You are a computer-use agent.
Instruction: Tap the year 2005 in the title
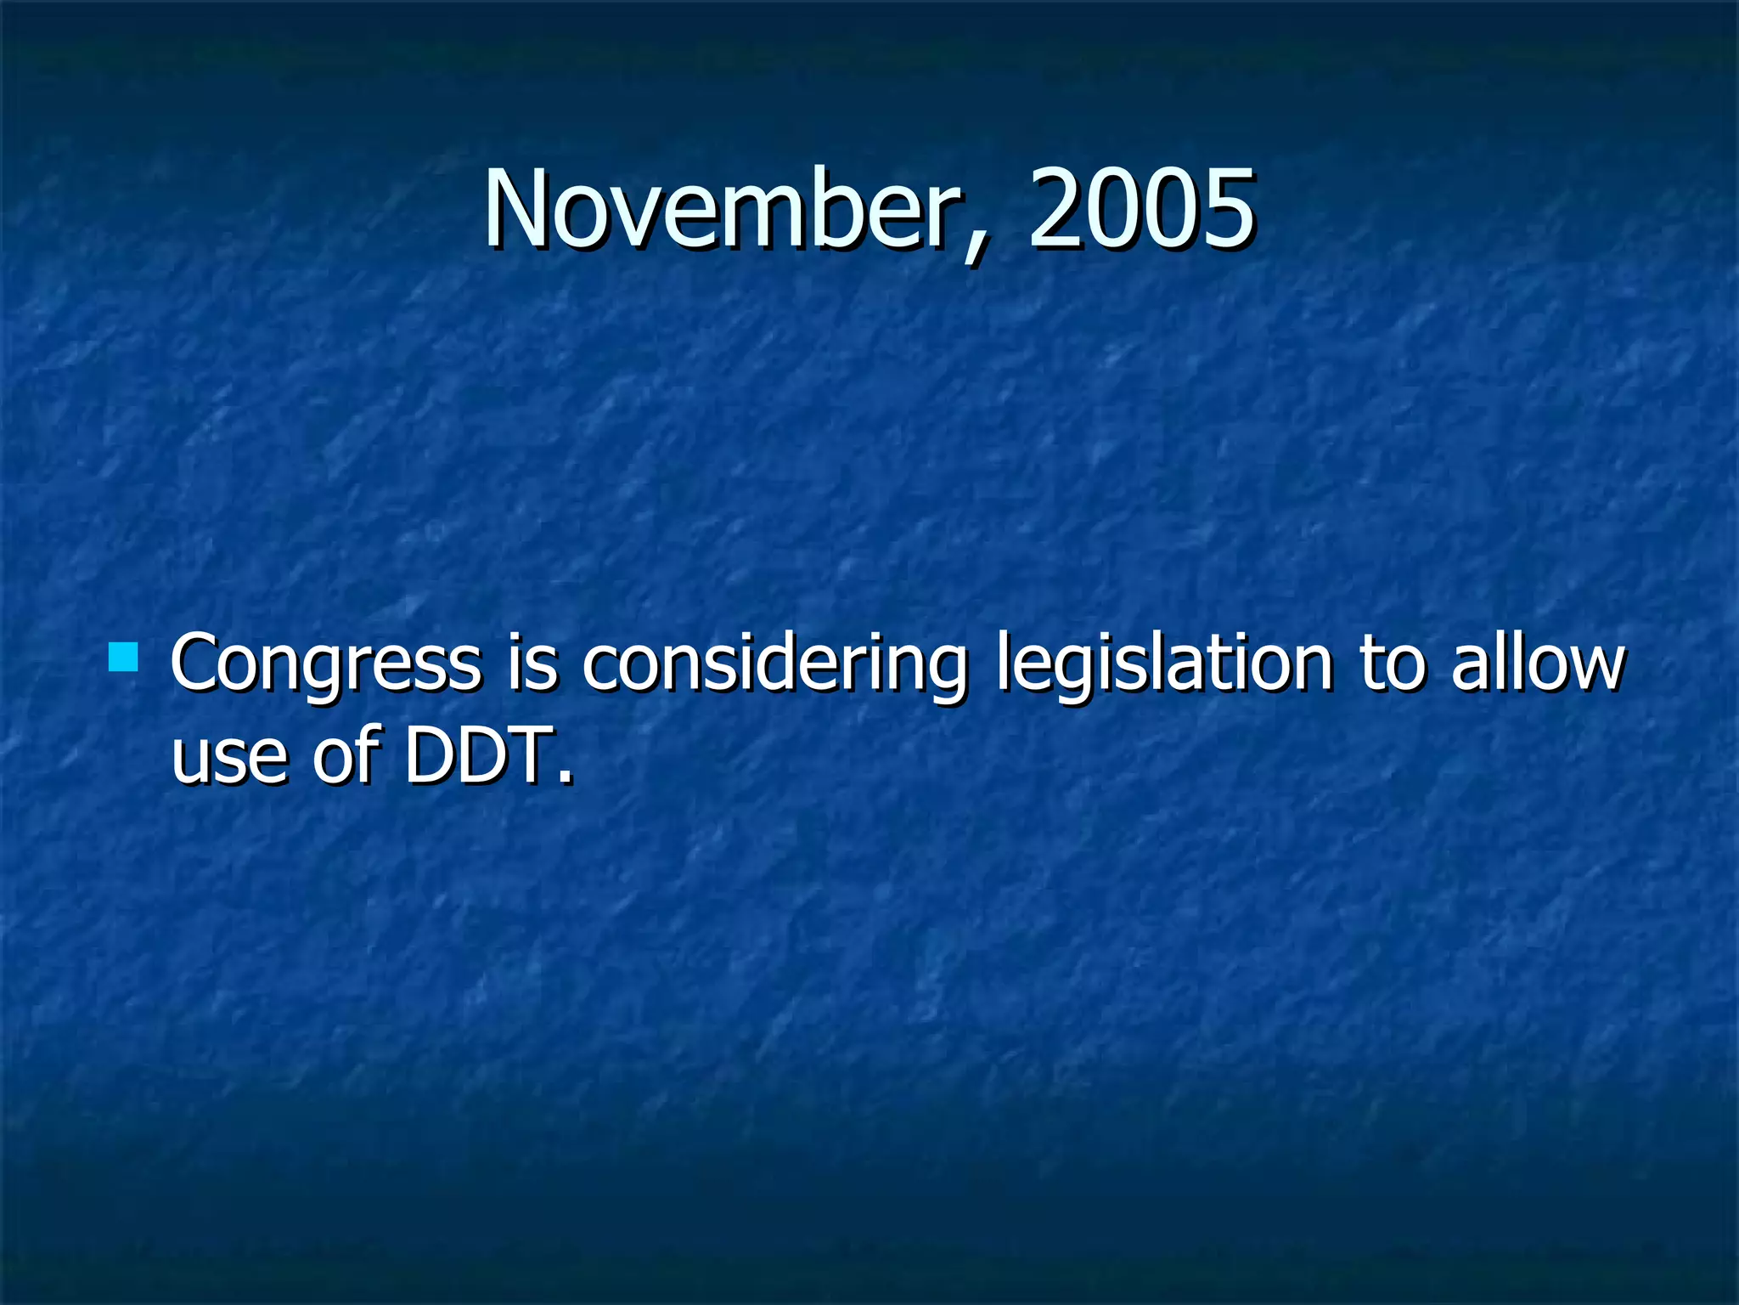tap(1140, 209)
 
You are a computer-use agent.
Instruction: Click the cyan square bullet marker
tap(124, 657)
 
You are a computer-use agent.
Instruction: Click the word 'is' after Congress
tap(532, 663)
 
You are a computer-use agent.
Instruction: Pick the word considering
tap(774, 664)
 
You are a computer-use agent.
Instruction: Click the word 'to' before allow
tap(1391, 663)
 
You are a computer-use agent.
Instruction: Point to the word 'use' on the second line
tap(229, 756)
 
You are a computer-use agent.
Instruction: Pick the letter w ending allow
tap(1595, 668)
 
